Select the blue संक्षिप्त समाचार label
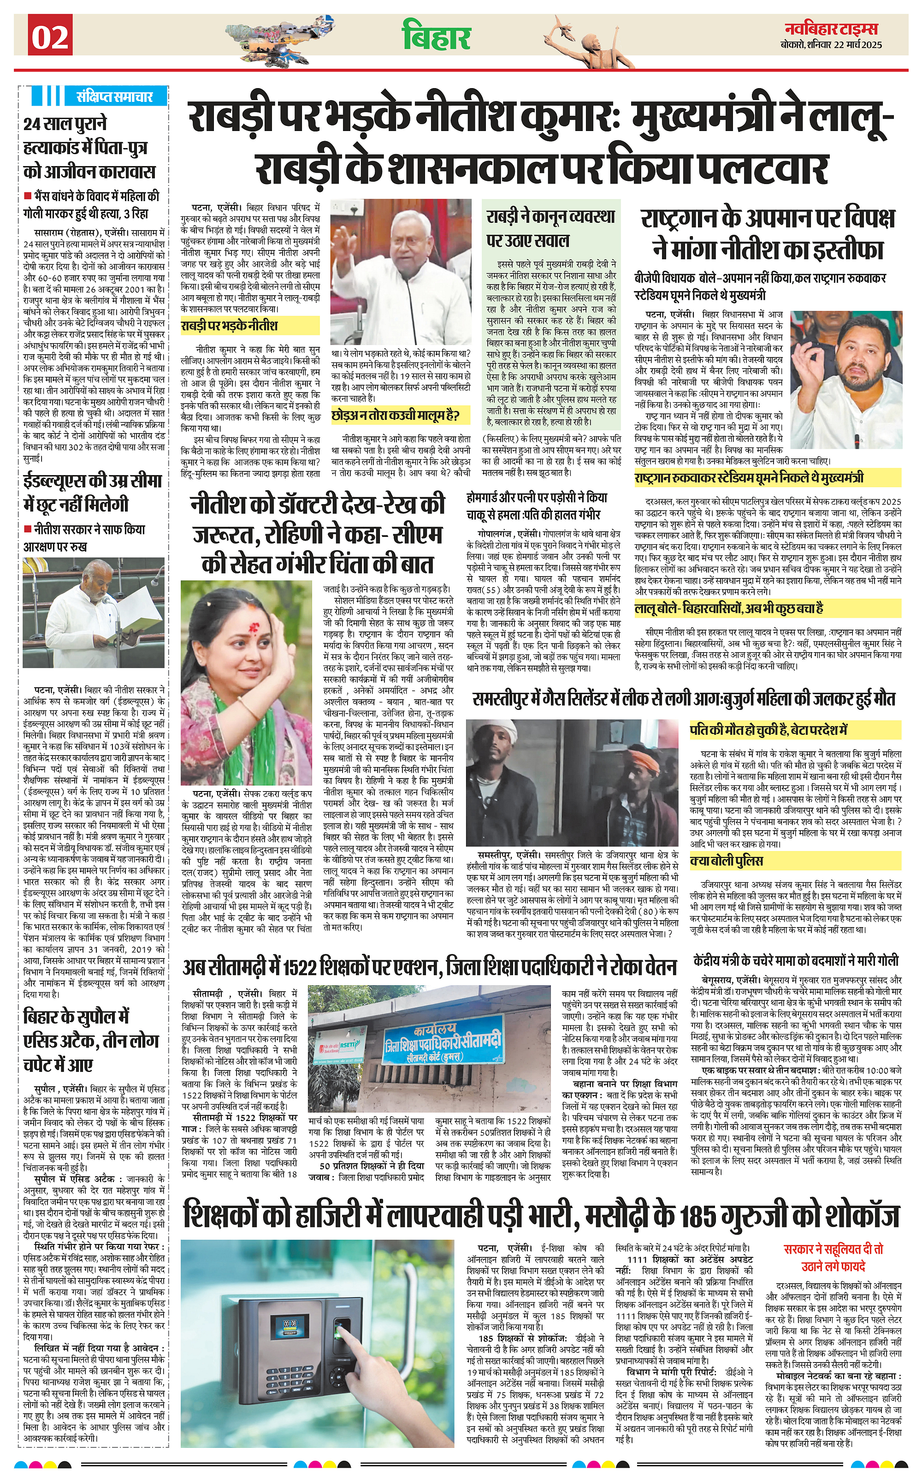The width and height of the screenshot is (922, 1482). (114, 96)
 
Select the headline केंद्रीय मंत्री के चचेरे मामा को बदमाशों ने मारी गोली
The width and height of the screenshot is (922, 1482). (796, 961)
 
